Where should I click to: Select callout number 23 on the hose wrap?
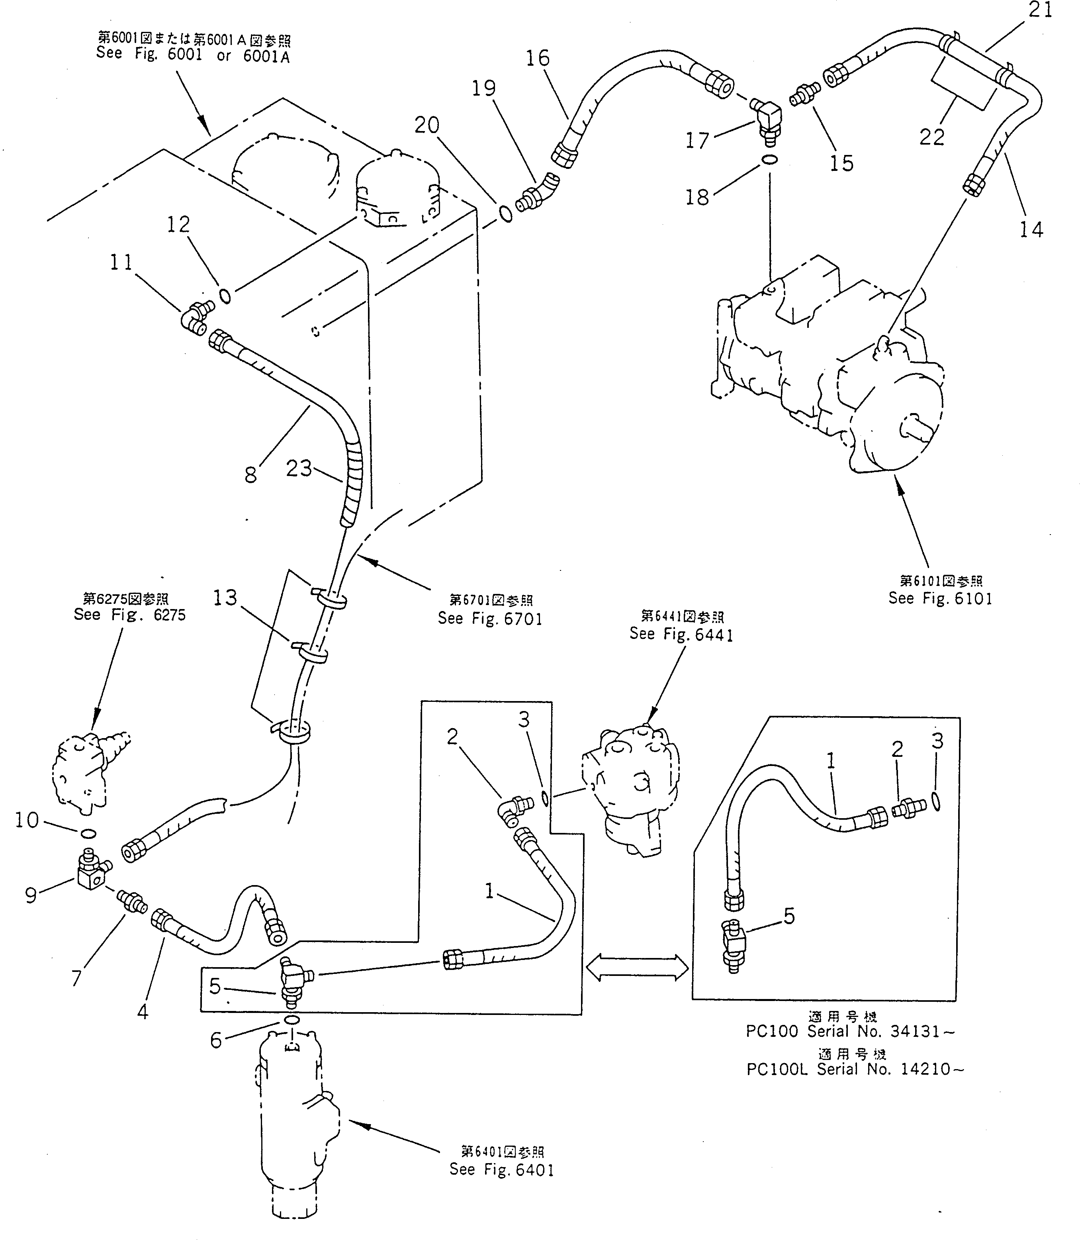299,468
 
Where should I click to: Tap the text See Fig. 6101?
939,599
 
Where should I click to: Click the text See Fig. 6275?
129,615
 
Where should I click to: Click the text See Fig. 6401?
501,1169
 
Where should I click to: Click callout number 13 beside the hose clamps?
225,597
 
